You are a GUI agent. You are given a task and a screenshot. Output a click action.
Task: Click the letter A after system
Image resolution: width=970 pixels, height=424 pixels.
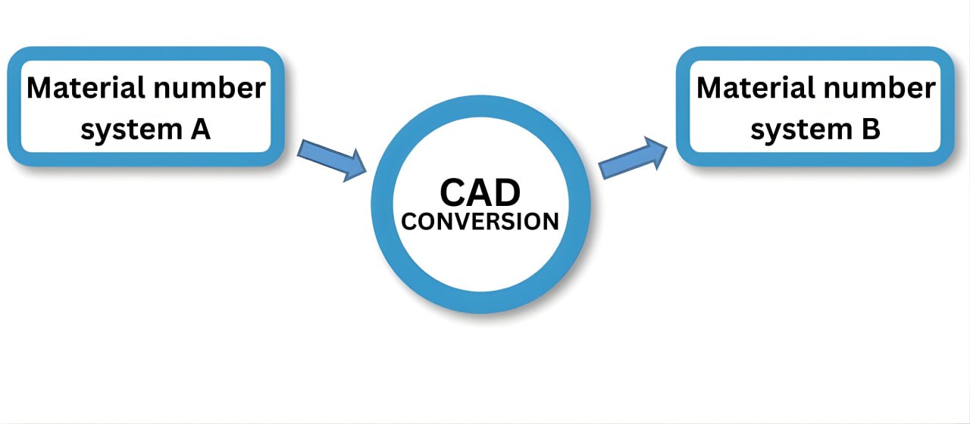coord(199,129)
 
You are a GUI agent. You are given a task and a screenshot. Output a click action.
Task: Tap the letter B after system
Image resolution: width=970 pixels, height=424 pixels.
coord(870,129)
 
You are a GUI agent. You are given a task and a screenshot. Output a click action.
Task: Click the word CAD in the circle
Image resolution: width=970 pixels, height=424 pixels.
coord(480,193)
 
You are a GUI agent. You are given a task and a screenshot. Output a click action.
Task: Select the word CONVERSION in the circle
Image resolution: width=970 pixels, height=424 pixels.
coord(480,222)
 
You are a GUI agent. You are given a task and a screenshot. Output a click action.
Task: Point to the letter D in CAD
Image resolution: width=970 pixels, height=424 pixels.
coord(508,193)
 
